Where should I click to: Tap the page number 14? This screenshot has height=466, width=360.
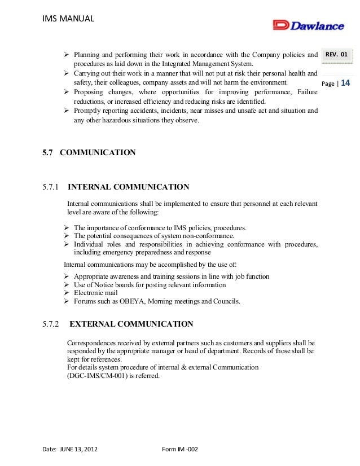click(x=346, y=83)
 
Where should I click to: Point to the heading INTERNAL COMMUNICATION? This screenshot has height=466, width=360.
click(x=128, y=187)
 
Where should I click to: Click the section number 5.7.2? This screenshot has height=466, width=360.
click(x=51, y=324)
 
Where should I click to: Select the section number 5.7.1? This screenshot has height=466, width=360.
click(x=51, y=187)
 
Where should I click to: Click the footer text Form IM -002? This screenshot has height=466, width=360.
click(x=179, y=449)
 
